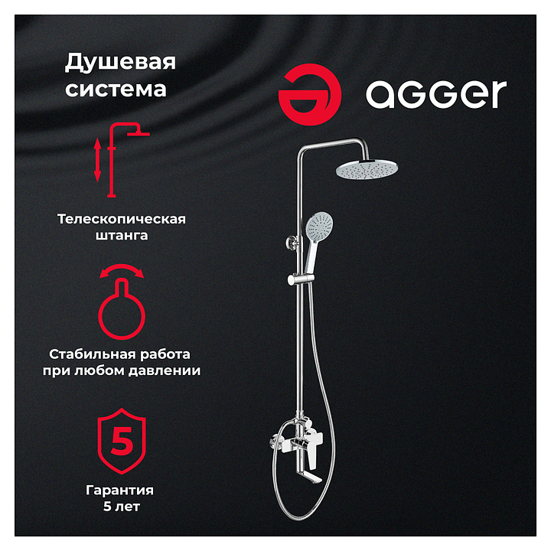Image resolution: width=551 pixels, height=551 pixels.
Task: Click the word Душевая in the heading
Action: [120, 63]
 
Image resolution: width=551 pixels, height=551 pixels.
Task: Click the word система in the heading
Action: [116, 90]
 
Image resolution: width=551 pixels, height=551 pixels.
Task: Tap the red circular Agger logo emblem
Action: [310, 94]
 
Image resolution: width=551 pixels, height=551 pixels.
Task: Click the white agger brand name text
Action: [436, 94]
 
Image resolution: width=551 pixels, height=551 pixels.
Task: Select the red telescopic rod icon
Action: [112, 160]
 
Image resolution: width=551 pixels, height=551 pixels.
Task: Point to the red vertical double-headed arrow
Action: [98, 160]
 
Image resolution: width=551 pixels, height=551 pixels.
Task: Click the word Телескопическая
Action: [122, 219]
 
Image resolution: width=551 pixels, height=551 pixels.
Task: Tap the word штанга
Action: [122, 235]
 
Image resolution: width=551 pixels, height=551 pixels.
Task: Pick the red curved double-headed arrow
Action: [122, 269]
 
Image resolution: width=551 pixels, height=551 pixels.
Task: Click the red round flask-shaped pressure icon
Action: [122, 309]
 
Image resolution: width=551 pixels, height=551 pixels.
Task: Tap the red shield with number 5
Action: [122, 441]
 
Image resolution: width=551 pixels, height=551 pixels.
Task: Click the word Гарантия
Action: [120, 490]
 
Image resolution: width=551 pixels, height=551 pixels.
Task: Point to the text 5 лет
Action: [122, 507]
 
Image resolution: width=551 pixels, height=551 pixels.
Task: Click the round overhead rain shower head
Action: [367, 168]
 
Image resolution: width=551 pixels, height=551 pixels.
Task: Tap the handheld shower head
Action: [315, 239]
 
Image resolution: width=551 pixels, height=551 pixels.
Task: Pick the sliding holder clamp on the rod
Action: [301, 279]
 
